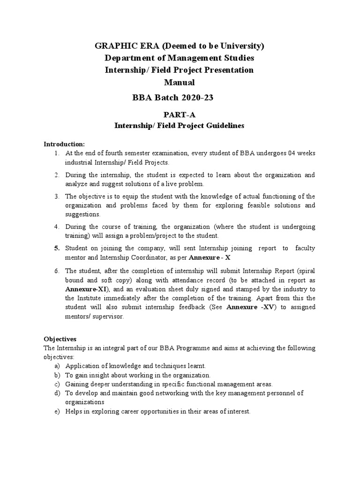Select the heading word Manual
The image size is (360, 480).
pos(180,82)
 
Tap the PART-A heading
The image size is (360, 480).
pos(180,114)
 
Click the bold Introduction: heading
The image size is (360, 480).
pos(64,143)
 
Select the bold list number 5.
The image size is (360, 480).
pos(56,248)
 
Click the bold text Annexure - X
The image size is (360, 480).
pos(210,257)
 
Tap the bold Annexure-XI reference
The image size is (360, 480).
pos(83,289)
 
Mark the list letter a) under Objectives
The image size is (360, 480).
pos(57,366)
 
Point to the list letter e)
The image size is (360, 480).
pos(57,412)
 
